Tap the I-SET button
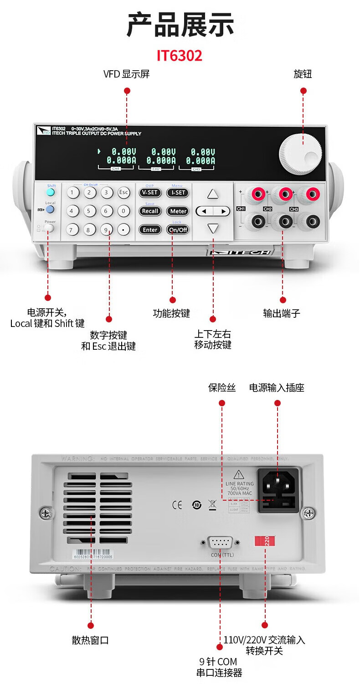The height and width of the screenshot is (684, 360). point(178,192)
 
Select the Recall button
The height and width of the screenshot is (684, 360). point(150,211)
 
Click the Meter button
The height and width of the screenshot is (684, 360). point(178,211)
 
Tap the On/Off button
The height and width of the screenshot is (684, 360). point(178,230)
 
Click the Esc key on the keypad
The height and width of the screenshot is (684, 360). point(123,192)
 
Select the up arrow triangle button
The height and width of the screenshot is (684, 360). point(213,194)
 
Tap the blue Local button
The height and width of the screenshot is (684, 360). point(50,209)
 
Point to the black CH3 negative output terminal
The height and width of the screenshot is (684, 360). point(312,222)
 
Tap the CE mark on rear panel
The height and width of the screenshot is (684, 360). point(177,505)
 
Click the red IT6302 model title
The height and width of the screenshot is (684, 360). point(180,56)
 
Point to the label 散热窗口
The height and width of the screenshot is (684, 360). point(90,640)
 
